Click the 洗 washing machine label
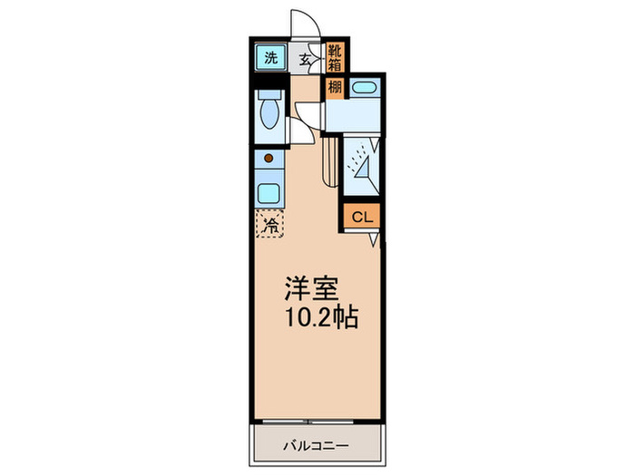269,59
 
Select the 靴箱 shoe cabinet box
335,57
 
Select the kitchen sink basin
269,192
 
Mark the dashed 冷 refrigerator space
270,224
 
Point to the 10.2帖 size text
321,318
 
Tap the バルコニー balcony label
315,446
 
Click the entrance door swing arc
300,22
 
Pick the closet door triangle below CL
374,238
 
